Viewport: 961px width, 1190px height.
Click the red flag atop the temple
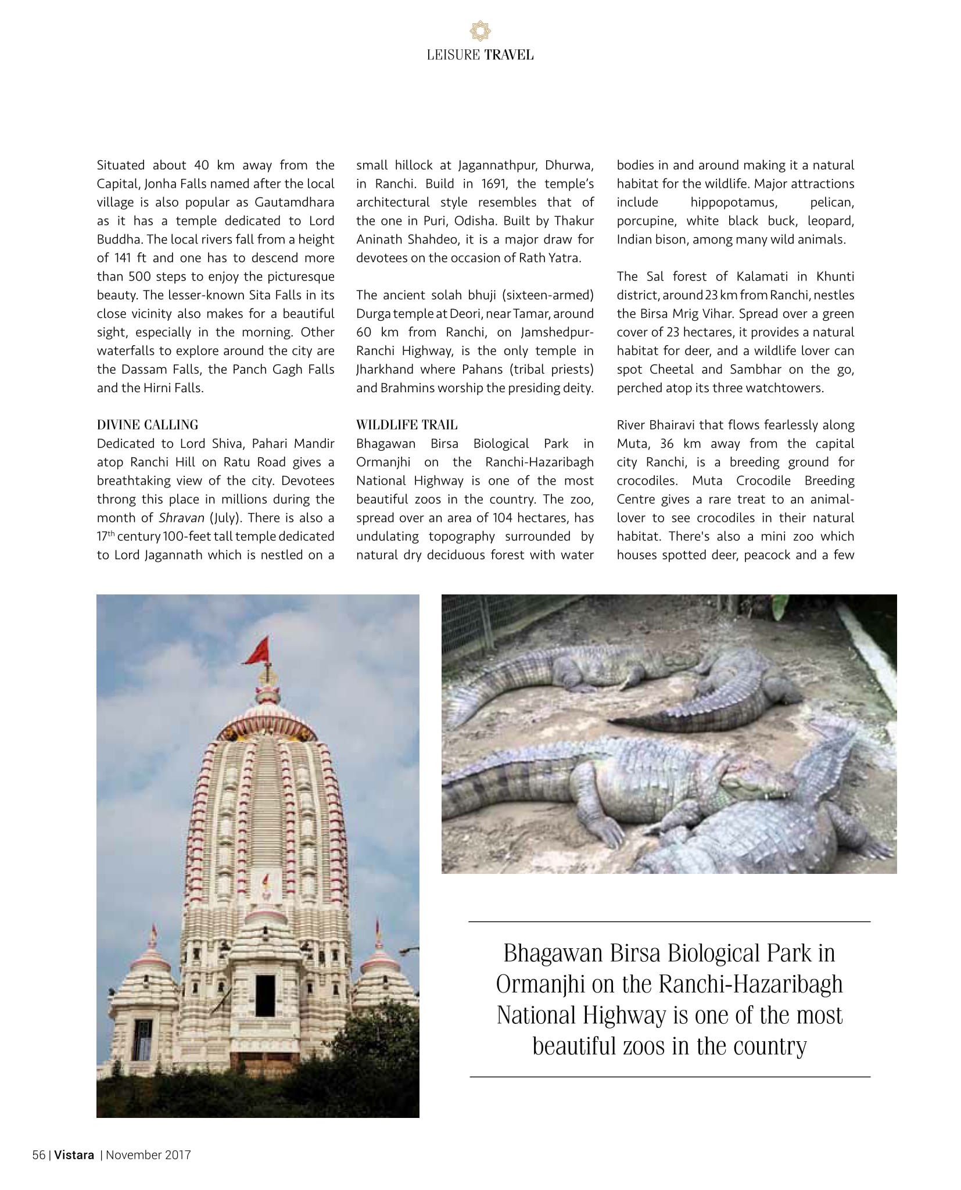pyautogui.click(x=258, y=651)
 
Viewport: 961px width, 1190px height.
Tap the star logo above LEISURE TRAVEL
pyautogui.click(x=480, y=30)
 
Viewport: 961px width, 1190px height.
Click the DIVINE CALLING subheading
pyautogui.click(x=148, y=425)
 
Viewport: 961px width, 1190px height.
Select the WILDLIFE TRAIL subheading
pyautogui.click(x=407, y=425)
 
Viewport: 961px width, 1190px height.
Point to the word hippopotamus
pyautogui.click(x=733, y=202)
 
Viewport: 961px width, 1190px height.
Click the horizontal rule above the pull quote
pyautogui.click(x=669, y=922)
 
